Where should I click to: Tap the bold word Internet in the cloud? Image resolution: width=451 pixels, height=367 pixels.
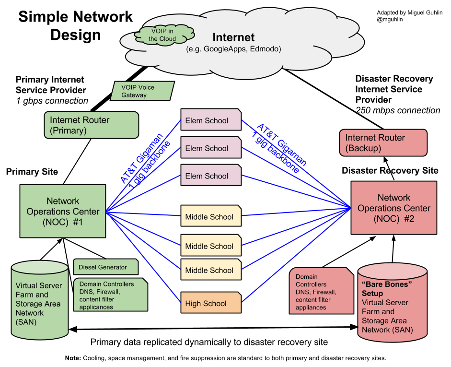[x=233, y=37]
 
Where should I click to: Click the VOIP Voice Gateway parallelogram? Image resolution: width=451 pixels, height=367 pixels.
[x=142, y=91]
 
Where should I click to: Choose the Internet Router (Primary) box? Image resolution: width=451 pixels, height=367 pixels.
[x=91, y=125]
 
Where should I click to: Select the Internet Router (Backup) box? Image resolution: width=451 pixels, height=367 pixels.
[x=383, y=142]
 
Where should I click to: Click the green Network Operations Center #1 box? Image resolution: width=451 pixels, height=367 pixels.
[x=63, y=211]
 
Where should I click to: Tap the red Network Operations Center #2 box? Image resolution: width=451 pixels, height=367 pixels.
[x=393, y=208]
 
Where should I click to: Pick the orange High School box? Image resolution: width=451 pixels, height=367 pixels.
[x=211, y=303]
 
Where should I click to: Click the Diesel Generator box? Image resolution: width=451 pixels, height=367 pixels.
[x=106, y=267]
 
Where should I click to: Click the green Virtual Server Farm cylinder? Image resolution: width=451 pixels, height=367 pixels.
[x=40, y=302]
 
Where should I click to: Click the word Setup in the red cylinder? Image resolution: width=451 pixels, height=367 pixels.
[x=372, y=293]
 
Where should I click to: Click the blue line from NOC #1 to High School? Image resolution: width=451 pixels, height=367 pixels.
[x=144, y=257]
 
